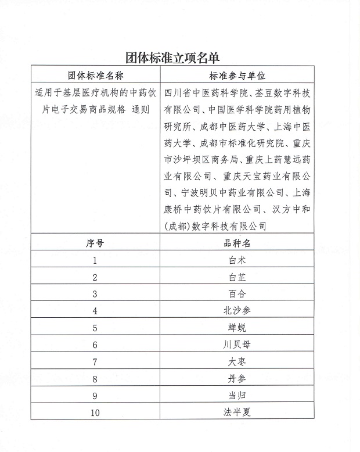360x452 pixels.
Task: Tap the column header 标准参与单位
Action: pyautogui.click(x=237, y=76)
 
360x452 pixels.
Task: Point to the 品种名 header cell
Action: pyautogui.click(x=237, y=243)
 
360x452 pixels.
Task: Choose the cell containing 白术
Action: pyautogui.click(x=237, y=260)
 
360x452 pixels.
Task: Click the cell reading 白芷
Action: pyautogui.click(x=237, y=277)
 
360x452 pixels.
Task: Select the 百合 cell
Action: pyautogui.click(x=237, y=294)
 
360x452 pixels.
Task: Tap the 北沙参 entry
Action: pyautogui.click(x=237, y=311)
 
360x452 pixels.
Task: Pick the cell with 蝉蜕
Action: pyautogui.click(x=237, y=328)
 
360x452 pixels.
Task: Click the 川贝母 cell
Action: pyautogui.click(x=237, y=345)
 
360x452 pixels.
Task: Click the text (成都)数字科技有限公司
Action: pyautogui.click(x=216, y=226)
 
